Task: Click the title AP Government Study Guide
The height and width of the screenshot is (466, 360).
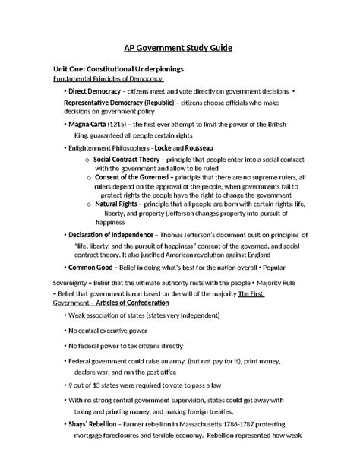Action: tap(179, 48)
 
